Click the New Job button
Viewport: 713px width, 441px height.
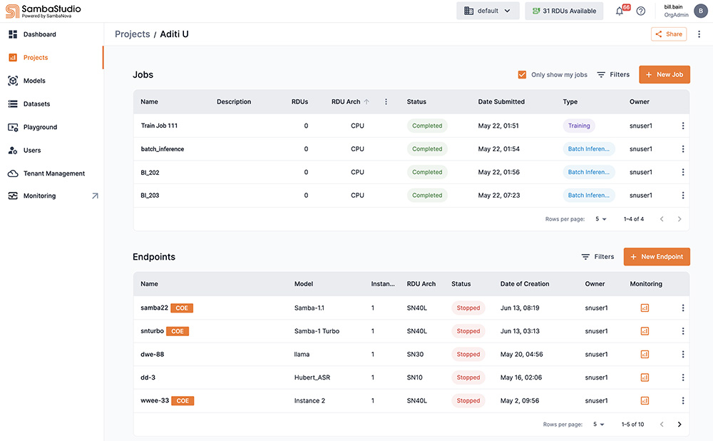[x=664, y=74]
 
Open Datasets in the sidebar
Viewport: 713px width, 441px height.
[x=36, y=104]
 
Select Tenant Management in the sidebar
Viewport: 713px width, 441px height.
[x=53, y=173]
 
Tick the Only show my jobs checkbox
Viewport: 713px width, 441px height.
[x=522, y=74]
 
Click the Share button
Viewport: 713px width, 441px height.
[x=668, y=34]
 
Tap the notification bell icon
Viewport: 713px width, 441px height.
[x=620, y=11]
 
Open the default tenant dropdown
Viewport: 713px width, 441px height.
[x=488, y=11]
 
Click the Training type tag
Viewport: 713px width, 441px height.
[x=579, y=126]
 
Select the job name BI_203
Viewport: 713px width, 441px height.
[x=150, y=196]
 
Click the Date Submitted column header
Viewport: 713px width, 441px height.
[x=501, y=102]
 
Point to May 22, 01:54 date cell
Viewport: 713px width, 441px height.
[x=498, y=149]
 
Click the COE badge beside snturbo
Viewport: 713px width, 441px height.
[x=178, y=331]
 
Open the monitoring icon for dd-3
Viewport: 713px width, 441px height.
[x=645, y=377]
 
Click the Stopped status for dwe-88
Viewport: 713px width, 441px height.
[x=468, y=355]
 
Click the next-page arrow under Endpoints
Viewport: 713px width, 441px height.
[x=679, y=424]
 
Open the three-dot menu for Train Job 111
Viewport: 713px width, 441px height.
[x=683, y=126]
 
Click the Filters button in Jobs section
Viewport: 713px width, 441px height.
[x=613, y=74]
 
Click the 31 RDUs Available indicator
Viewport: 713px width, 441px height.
[x=564, y=11]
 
